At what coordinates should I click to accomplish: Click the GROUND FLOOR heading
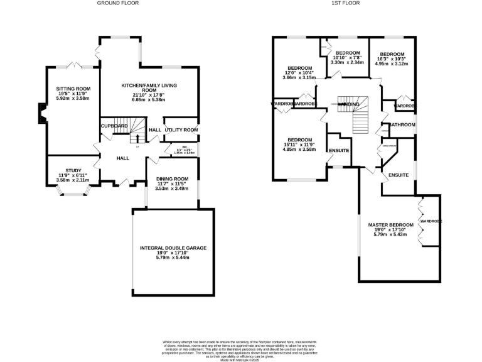click(x=117, y=3)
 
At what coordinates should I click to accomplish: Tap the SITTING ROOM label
click(x=74, y=89)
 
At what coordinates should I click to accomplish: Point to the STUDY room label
click(x=73, y=170)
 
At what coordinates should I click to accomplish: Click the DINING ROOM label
click(x=172, y=179)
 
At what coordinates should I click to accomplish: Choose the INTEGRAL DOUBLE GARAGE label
click(x=173, y=248)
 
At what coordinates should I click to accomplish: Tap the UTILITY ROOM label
click(x=181, y=129)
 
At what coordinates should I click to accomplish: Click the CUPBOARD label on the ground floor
click(x=115, y=126)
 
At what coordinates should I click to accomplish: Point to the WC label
click(x=184, y=148)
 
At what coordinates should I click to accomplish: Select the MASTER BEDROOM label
click(x=390, y=225)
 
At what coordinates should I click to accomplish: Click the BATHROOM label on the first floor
click(x=402, y=125)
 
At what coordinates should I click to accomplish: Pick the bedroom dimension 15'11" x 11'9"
click(x=300, y=145)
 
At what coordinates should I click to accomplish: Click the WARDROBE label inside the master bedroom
click(x=431, y=221)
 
